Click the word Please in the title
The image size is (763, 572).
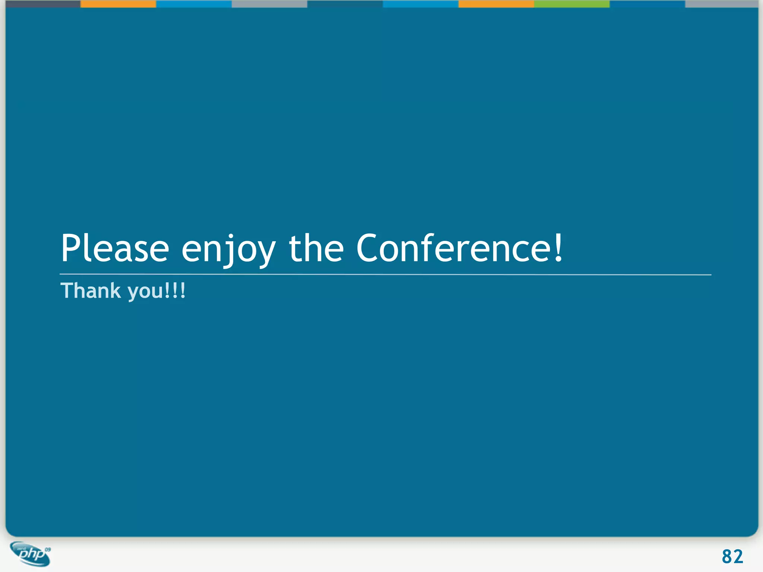115,248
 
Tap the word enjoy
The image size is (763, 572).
228,250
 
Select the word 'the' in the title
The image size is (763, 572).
316,248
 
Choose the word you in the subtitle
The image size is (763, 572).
145,292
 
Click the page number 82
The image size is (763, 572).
732,557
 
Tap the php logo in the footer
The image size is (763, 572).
31,554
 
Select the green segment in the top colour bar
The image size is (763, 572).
572,4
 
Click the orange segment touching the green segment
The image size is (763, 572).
496,4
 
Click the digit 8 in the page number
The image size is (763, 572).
727,557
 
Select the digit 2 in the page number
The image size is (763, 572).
738,557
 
